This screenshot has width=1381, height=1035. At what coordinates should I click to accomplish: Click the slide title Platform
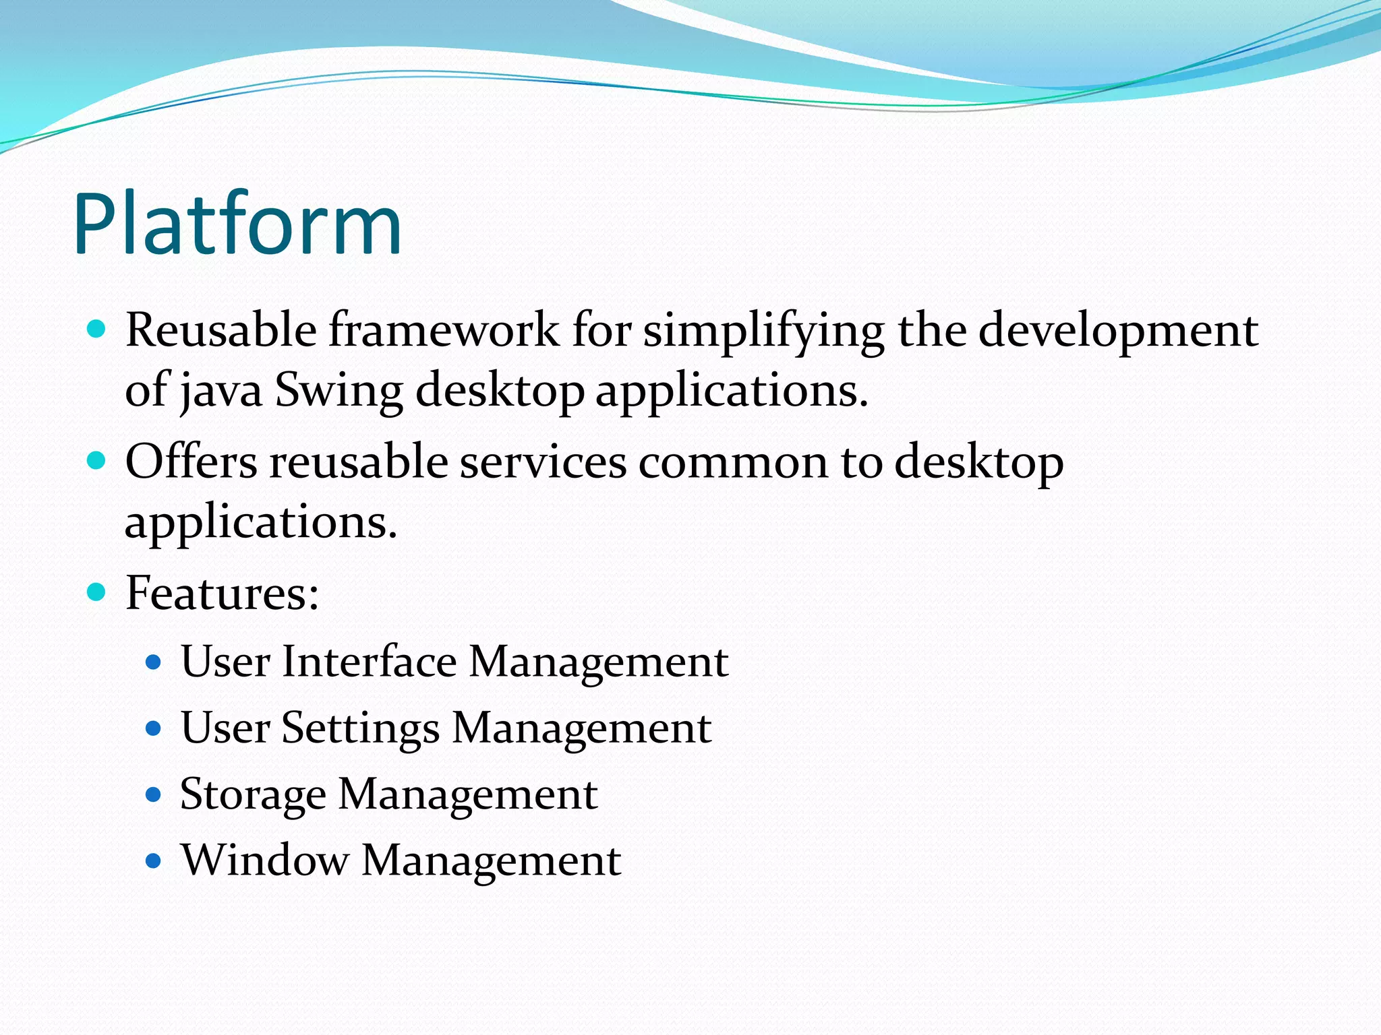click(x=237, y=224)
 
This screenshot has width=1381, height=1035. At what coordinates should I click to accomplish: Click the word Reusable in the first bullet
click(x=221, y=330)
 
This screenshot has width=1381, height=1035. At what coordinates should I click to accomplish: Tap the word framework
click(x=444, y=330)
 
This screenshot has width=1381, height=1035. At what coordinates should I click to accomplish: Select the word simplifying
click(x=763, y=332)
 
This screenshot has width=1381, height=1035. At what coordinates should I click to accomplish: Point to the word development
click(x=1117, y=332)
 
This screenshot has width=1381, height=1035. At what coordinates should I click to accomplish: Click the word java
click(x=221, y=391)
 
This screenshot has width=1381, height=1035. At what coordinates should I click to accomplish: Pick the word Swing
click(x=339, y=391)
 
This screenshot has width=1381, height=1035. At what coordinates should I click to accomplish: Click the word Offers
click(x=192, y=462)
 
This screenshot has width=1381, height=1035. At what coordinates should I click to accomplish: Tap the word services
click(x=543, y=462)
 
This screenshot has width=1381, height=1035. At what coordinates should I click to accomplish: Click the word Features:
click(x=223, y=593)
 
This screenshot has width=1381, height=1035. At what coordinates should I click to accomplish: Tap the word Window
click(x=265, y=860)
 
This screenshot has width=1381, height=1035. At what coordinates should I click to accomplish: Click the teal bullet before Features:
click(x=97, y=592)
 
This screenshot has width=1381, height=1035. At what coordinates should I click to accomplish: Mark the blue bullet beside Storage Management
click(x=154, y=794)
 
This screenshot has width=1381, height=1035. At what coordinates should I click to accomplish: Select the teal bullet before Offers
click(x=97, y=461)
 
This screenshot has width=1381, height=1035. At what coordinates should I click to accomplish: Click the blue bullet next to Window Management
click(x=154, y=860)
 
